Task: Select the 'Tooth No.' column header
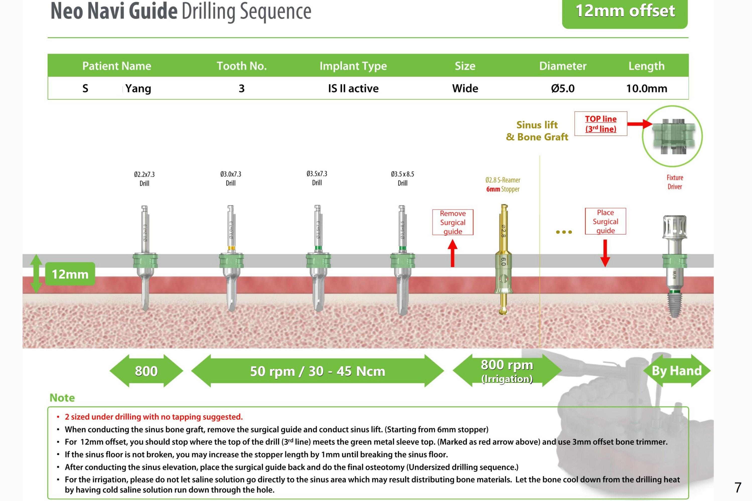point(242,66)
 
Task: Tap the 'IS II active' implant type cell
point(353,88)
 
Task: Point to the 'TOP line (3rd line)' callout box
point(600,124)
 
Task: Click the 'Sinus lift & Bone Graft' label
point(537,131)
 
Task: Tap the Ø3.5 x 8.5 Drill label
point(402,178)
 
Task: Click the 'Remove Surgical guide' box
point(453,222)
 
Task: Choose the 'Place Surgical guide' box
point(605,221)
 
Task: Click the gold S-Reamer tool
point(503,259)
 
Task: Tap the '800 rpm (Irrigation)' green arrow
point(507,371)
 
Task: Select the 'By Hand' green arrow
point(676,371)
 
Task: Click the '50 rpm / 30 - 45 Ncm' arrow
point(317,371)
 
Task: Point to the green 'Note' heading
point(62,398)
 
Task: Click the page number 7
point(738,487)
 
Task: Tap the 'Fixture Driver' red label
point(675,182)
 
